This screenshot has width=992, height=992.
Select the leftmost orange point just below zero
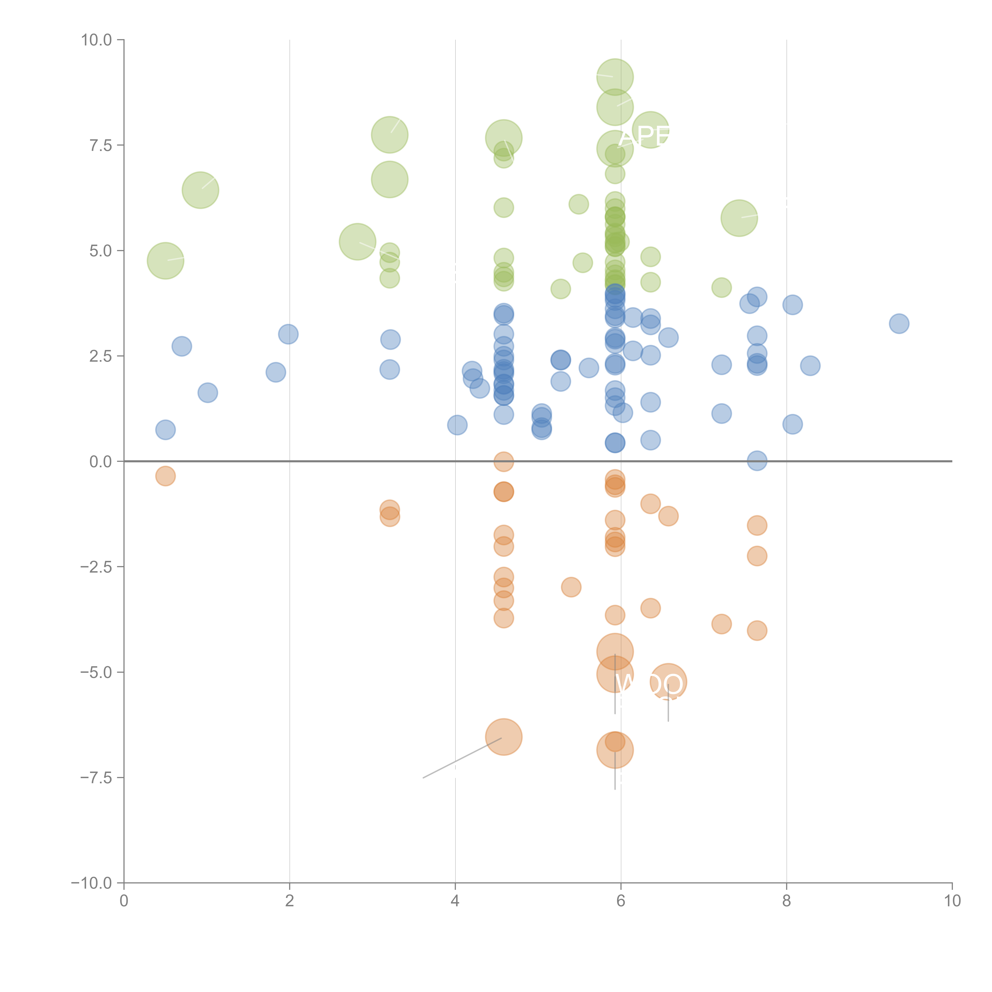click(x=165, y=476)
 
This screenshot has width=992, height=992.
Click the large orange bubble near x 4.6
click(x=504, y=737)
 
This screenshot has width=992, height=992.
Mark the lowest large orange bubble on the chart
click(x=615, y=750)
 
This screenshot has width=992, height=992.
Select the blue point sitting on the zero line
click(x=757, y=460)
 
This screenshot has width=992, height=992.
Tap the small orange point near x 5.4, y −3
click(x=571, y=587)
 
